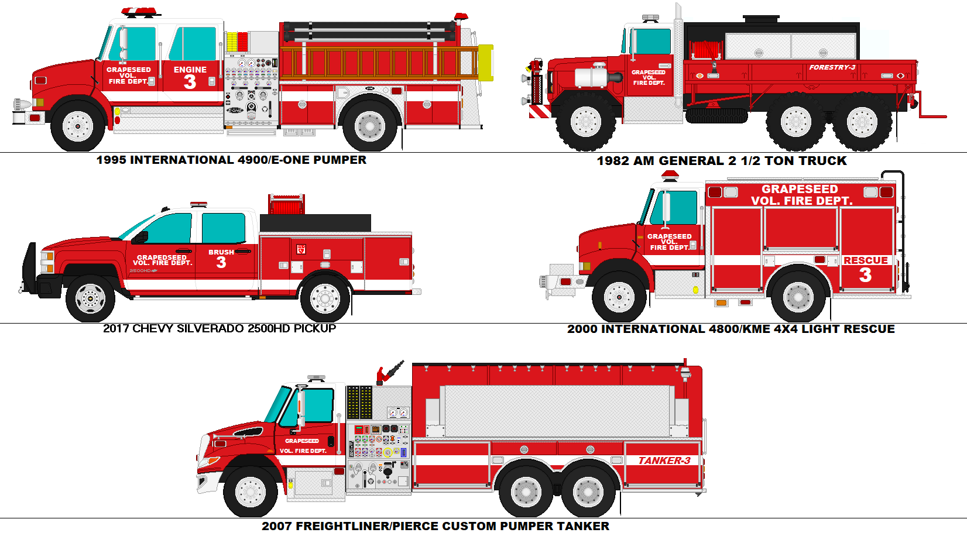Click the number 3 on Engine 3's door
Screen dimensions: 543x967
(x=190, y=82)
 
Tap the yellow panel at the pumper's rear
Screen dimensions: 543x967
(x=485, y=62)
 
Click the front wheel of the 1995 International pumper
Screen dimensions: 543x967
(x=78, y=126)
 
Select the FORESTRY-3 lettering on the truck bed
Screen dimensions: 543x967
(x=832, y=68)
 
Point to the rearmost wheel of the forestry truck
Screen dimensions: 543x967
(x=862, y=122)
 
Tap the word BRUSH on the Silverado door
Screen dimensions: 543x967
(x=221, y=252)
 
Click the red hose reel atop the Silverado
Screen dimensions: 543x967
(x=286, y=205)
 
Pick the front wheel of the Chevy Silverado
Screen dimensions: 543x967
(x=90, y=298)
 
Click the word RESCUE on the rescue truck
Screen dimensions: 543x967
(x=865, y=260)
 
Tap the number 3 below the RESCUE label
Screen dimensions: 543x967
(x=865, y=275)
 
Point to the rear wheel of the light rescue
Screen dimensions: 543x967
(x=798, y=297)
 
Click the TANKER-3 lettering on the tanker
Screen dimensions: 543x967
(x=664, y=460)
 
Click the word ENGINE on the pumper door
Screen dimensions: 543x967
(x=190, y=70)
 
